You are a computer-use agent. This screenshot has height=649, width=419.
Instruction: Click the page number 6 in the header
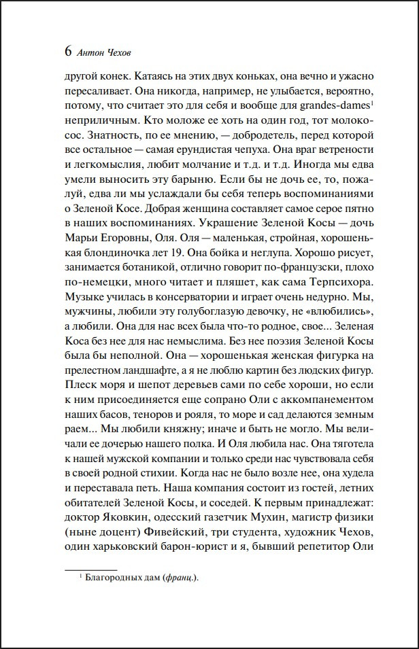tap(67, 52)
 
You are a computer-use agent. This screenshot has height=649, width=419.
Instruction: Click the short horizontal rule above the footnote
tap(90, 567)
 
